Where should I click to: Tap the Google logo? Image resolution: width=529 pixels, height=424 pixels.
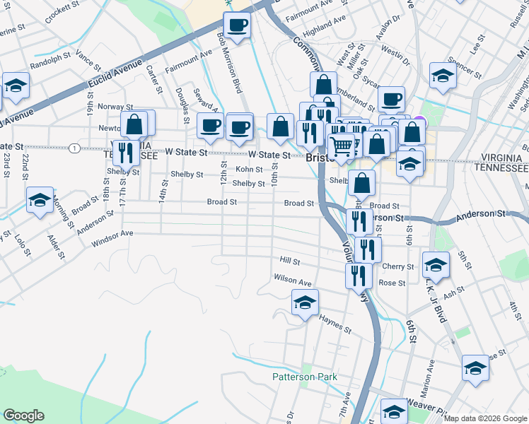click(x=23, y=416)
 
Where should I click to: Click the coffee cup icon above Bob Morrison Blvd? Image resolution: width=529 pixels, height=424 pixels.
click(x=237, y=25)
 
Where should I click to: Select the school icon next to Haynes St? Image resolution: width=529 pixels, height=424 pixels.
click(x=304, y=304)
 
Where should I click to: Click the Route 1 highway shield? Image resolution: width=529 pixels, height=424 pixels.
click(x=74, y=148)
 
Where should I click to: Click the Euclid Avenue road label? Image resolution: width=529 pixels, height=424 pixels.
click(x=116, y=73)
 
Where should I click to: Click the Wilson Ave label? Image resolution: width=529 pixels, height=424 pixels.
click(x=293, y=281)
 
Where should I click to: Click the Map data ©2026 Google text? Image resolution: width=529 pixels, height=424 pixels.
click(x=486, y=418)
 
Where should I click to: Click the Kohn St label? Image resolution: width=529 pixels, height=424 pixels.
click(x=249, y=170)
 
